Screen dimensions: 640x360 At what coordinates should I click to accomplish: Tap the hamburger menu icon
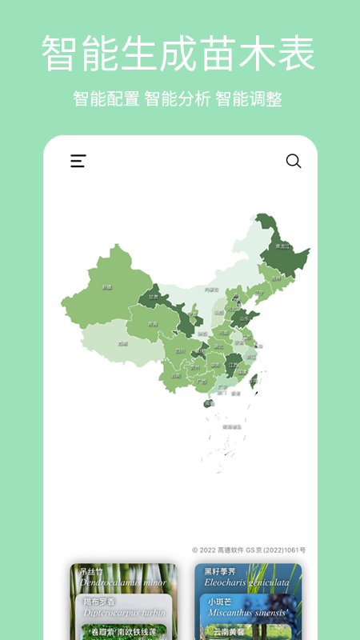(x=78, y=161)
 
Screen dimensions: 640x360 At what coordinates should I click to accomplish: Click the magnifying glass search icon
(x=294, y=161)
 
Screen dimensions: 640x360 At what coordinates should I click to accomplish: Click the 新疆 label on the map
(x=106, y=286)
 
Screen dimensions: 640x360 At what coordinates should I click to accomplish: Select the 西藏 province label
(x=122, y=343)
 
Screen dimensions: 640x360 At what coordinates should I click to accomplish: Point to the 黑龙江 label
(x=282, y=246)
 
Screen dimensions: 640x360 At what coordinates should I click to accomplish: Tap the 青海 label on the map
(x=152, y=324)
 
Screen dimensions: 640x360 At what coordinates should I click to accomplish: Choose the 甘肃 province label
(x=153, y=297)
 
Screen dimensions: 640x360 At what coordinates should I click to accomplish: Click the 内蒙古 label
(x=211, y=290)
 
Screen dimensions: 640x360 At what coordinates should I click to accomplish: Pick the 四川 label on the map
(x=180, y=350)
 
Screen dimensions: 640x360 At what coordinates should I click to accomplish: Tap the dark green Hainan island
(x=209, y=403)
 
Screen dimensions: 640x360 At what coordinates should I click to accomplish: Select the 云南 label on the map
(x=176, y=375)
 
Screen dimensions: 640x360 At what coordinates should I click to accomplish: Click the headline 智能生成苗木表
(x=179, y=54)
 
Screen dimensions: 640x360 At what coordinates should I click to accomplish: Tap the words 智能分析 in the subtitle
(x=178, y=99)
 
